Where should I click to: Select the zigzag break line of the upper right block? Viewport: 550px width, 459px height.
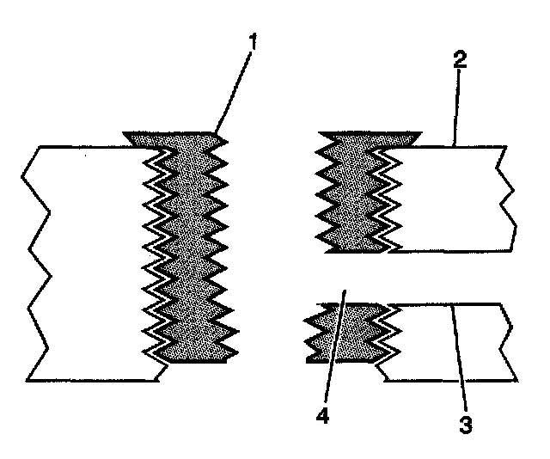(x=507, y=198)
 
